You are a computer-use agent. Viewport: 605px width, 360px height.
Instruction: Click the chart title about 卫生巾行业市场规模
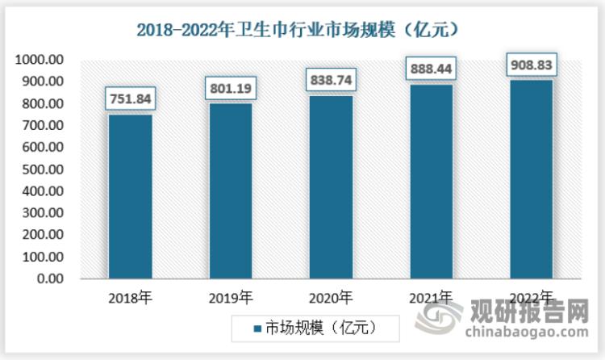pyautogui.click(x=302, y=31)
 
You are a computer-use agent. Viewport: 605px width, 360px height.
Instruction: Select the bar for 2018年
pyautogui.click(x=131, y=197)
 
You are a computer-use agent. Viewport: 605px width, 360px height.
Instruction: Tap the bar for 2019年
pyautogui.click(x=231, y=191)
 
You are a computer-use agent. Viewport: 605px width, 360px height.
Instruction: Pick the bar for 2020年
pyautogui.click(x=331, y=187)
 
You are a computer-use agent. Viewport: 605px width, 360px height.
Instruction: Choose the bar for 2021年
pyautogui.click(x=431, y=182)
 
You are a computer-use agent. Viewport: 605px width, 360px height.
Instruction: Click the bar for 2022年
pyautogui.click(x=531, y=179)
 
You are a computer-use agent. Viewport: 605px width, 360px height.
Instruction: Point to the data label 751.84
pyautogui.click(x=131, y=99)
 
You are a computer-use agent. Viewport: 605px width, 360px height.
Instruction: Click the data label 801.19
pyautogui.click(x=231, y=88)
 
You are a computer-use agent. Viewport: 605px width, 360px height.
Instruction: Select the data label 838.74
pyautogui.click(x=331, y=81)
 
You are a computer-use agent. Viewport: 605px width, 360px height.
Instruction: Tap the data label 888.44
pyautogui.click(x=431, y=69)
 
